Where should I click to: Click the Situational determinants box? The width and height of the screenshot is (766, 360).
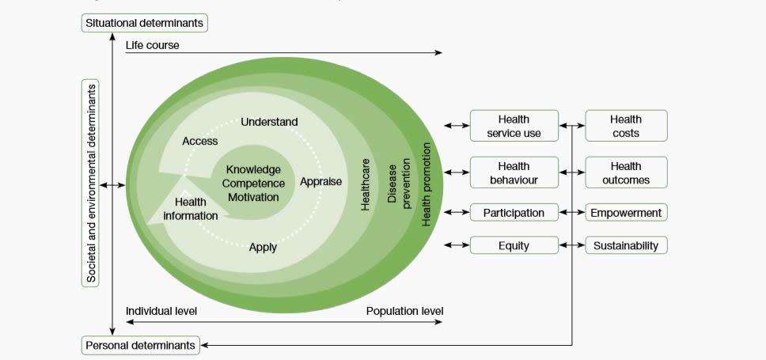tap(144, 23)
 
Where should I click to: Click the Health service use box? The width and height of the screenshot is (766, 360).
tap(514, 126)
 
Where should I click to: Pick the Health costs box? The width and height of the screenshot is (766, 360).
tap(626, 126)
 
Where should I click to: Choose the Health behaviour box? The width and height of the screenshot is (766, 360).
tap(514, 172)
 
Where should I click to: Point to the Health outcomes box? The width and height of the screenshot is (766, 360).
tap(626, 172)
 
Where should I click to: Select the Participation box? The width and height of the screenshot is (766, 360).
tap(514, 213)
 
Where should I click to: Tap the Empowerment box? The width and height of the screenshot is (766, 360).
tap(626, 213)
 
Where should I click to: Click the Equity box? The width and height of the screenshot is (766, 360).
tap(514, 245)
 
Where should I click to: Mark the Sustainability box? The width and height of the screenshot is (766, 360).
tap(626, 245)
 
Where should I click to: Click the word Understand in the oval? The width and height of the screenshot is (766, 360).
tap(269, 122)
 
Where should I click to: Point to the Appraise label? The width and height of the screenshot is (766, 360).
tap(320, 181)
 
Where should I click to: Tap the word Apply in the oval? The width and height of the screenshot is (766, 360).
tap(263, 247)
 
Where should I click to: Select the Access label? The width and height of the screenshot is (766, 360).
tap(200, 141)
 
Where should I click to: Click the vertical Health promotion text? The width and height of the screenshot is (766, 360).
tap(426, 184)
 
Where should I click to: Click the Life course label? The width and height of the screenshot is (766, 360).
tap(152, 45)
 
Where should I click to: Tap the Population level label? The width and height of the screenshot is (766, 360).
tap(404, 311)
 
